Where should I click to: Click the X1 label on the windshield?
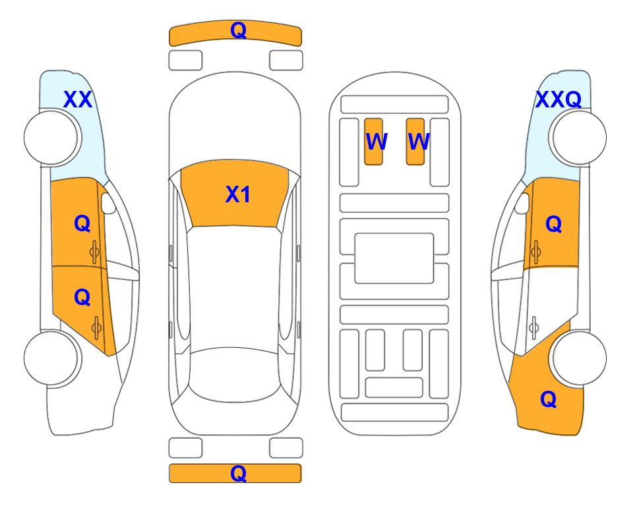point(238,194)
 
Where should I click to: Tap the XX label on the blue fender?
point(78,99)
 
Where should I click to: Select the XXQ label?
point(559,99)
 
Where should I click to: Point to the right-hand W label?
point(418,141)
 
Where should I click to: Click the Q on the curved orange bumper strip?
point(238,30)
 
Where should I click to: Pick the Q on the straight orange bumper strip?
point(238,473)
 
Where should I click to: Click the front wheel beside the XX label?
point(51,138)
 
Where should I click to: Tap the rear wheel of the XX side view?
point(51,358)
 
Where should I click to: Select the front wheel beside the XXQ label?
point(579,138)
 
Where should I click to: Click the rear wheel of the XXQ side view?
point(579,358)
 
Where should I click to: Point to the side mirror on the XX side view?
point(108,203)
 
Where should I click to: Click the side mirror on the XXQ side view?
point(522,203)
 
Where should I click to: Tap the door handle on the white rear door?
point(534,327)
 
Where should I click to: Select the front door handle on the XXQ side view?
point(536,252)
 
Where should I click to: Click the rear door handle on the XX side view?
point(96,327)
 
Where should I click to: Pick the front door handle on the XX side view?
point(95,252)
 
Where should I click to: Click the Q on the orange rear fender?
point(549,400)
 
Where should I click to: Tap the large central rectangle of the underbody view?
point(394,258)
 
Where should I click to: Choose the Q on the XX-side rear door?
point(82,298)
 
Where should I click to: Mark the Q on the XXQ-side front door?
point(554,224)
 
